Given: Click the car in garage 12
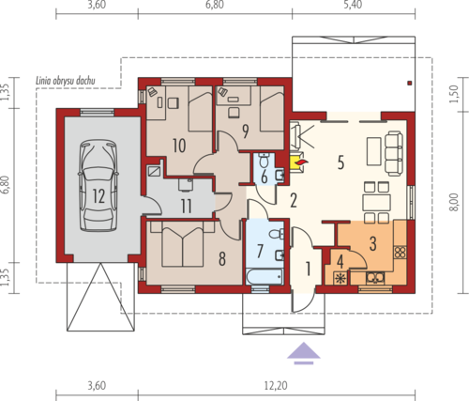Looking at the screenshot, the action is pos(98,185).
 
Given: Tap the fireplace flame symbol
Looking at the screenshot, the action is pos(302,162).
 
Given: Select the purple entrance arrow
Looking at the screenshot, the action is pos(304,353).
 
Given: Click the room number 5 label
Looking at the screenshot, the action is pos(340,162).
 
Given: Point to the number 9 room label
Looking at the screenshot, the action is pos(246,131).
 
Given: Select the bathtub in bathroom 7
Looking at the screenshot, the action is pos(265,276).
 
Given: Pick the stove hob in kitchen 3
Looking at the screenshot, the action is pos(401,253).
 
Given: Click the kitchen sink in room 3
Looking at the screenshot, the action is pos(375,277).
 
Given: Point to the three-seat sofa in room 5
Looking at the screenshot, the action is pos(394,153).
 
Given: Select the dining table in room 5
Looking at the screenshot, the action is pos(376,203).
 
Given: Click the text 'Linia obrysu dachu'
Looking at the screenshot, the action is pos(66,81).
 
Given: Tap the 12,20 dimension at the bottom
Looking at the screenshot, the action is pos(276,385).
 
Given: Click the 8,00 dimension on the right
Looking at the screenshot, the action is pos(454,202).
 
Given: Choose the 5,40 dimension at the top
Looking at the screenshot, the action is pos(353,5).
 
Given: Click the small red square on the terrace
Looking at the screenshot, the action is pos(410,83).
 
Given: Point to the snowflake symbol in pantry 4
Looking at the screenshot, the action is pos(339,278).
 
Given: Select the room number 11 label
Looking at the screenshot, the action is pos(187,207).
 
